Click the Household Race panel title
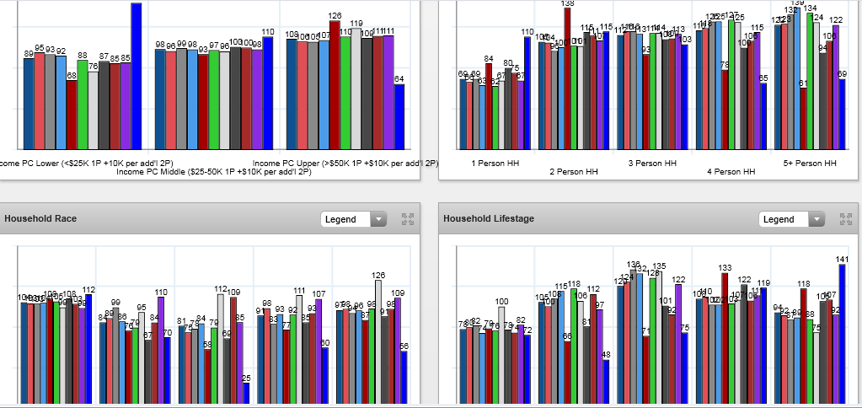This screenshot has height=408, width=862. [x=40, y=219]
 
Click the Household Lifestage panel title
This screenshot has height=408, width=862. [x=489, y=219]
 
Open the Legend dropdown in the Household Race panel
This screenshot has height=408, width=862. [x=353, y=219]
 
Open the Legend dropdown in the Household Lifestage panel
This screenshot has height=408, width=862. [x=791, y=219]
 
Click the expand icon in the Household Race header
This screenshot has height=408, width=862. [x=408, y=219]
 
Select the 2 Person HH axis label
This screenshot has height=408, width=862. [x=573, y=172]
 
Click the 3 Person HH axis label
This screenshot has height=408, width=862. [x=652, y=163]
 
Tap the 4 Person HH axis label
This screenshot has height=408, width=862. [x=731, y=172]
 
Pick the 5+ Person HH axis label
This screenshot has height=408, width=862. [x=809, y=163]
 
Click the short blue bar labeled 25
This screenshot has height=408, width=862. [x=246, y=393]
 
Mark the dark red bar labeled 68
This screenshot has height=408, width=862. [x=72, y=115]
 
